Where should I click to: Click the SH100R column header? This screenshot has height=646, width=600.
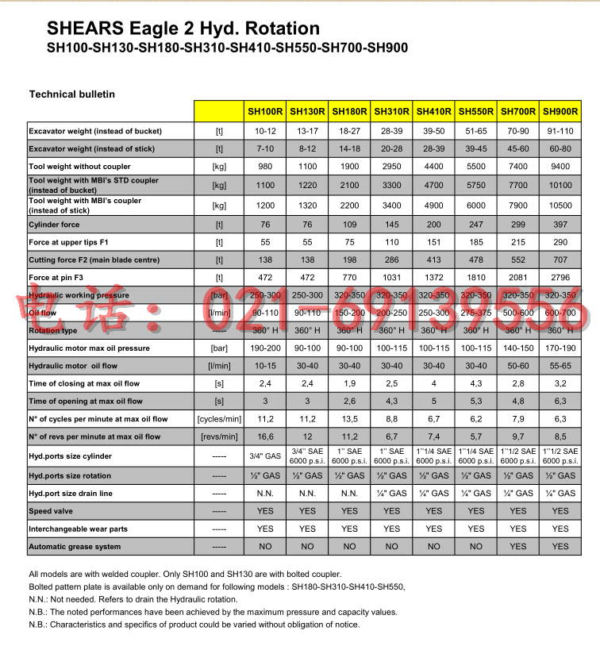[x=265, y=112]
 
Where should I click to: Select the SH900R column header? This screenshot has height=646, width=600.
[x=560, y=112]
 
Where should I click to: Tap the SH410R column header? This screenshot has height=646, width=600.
[x=434, y=112]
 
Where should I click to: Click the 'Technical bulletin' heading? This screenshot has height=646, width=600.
[x=72, y=94]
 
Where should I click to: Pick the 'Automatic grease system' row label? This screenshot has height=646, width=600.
[x=75, y=547]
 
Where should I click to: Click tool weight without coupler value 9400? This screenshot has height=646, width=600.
[x=560, y=167]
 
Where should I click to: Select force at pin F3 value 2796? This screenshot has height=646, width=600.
[x=560, y=276]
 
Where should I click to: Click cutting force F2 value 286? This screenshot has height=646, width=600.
[x=392, y=259]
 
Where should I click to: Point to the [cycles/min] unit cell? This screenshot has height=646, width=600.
[x=218, y=419]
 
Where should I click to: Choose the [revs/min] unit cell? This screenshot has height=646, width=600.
[x=218, y=436]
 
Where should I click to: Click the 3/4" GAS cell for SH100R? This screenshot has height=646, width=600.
[x=265, y=456]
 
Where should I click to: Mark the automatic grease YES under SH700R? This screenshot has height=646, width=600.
[x=518, y=547]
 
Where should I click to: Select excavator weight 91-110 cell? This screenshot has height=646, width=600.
[x=560, y=131]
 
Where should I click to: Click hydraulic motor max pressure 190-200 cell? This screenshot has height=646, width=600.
[x=265, y=348]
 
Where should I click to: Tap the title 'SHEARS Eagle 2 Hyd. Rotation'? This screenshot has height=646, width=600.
[x=172, y=29]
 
